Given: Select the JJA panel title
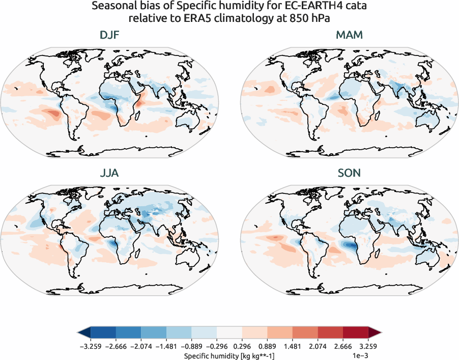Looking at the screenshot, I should tap(110, 173).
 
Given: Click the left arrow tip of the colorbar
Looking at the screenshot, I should tap(79, 333).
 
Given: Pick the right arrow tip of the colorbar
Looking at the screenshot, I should tap(380, 333).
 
